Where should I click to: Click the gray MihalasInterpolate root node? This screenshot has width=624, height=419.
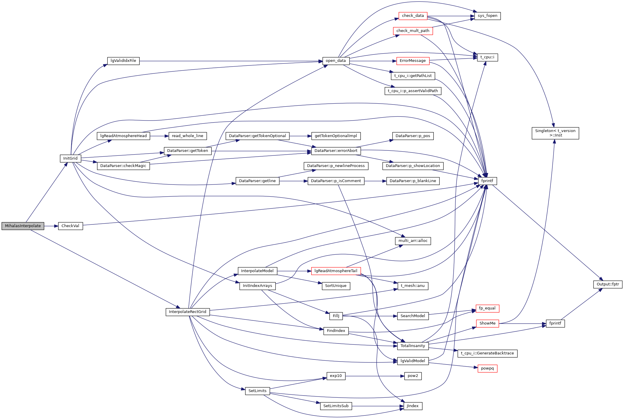click(23, 226)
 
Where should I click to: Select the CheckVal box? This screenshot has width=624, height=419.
click(70, 226)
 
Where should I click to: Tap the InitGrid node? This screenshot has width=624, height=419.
click(70, 158)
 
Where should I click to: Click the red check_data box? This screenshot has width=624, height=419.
click(413, 16)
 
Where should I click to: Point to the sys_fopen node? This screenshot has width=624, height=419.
click(487, 16)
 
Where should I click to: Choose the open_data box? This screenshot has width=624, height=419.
click(336, 61)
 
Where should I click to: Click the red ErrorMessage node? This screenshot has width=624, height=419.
click(413, 61)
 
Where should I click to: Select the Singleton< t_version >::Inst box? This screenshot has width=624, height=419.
click(555, 133)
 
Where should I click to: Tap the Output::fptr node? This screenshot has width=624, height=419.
click(608, 284)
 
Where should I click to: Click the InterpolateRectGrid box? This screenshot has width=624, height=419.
click(188, 312)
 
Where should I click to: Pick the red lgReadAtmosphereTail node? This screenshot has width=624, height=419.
click(336, 271)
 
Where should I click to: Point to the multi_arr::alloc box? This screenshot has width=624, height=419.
click(413, 241)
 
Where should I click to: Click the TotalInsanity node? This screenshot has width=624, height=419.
click(413, 346)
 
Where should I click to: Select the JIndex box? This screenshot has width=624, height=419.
click(413, 406)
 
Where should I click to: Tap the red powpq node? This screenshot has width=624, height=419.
click(487, 368)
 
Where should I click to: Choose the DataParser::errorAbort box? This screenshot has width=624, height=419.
click(336, 151)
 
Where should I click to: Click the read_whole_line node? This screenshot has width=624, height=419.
click(188, 136)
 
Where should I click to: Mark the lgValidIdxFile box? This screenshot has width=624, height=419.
click(123, 61)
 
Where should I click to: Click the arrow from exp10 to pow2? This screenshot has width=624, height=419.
click(375, 376)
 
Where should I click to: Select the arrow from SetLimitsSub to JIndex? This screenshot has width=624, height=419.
click(378, 406)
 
